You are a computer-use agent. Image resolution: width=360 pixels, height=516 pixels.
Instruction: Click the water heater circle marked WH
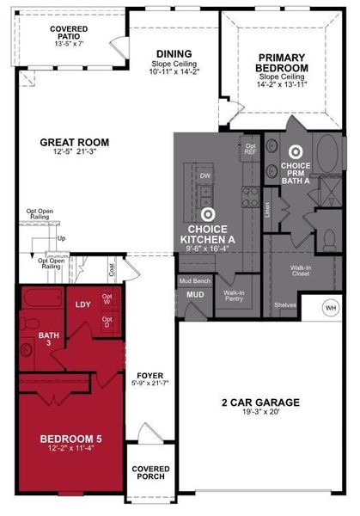click(x=332, y=308)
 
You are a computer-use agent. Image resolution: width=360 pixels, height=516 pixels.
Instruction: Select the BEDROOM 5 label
click(x=71, y=440)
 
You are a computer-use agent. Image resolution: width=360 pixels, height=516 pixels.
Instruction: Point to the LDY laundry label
click(x=82, y=304)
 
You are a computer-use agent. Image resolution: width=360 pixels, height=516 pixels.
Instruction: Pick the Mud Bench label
click(x=195, y=281)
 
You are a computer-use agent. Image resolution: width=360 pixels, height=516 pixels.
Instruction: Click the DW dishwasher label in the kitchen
click(x=205, y=175)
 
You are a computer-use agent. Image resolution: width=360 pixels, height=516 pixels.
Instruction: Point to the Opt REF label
click(x=251, y=148)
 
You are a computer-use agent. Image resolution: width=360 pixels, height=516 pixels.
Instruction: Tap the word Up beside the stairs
click(x=61, y=238)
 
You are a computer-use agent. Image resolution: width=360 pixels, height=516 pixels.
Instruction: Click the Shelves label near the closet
click(x=285, y=304)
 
